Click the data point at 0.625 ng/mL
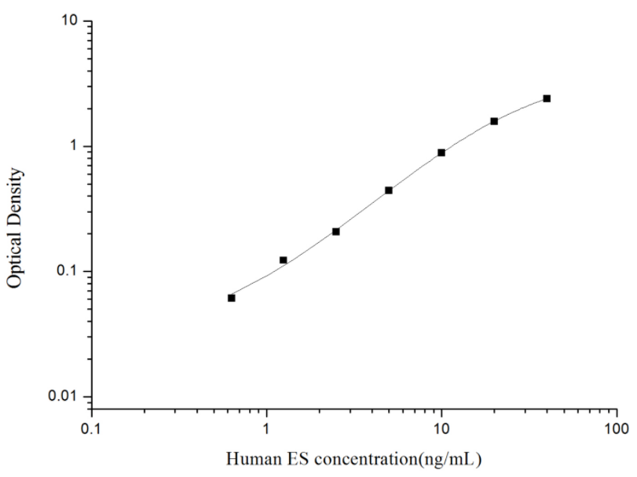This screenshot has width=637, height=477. pos(231,298)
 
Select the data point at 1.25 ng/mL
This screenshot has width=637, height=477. pos(284,260)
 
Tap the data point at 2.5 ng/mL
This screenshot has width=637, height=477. pos(336,232)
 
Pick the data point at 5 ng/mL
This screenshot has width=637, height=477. pos(389,190)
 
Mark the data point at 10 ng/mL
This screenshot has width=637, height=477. pos(441,152)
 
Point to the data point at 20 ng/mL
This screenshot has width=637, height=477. pos(494,121)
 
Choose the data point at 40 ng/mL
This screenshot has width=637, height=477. pos(547,98)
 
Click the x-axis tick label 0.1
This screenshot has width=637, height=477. pos(92,429)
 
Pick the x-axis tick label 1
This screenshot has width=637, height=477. pos(267,429)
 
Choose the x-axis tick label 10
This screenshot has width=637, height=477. pos(441,429)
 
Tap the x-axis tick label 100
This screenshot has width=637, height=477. pos(617,429)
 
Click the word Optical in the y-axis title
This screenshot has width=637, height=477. pos(15,260)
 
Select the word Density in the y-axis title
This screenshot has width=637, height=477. pos(15,193)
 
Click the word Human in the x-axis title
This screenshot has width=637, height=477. pos(248,458)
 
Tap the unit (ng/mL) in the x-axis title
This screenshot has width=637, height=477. pos(445,458)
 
